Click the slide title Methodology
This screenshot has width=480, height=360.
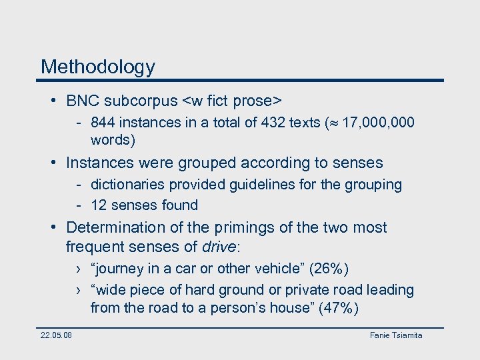pos(97,67)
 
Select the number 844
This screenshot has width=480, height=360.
pos(103,123)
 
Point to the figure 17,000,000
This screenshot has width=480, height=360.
pos(378,123)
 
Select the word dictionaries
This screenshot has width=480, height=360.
pos(127,185)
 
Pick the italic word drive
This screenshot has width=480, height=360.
pos(219,247)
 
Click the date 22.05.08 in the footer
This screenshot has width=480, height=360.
pos(56,335)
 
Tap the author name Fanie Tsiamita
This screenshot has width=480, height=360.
pos(396,335)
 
